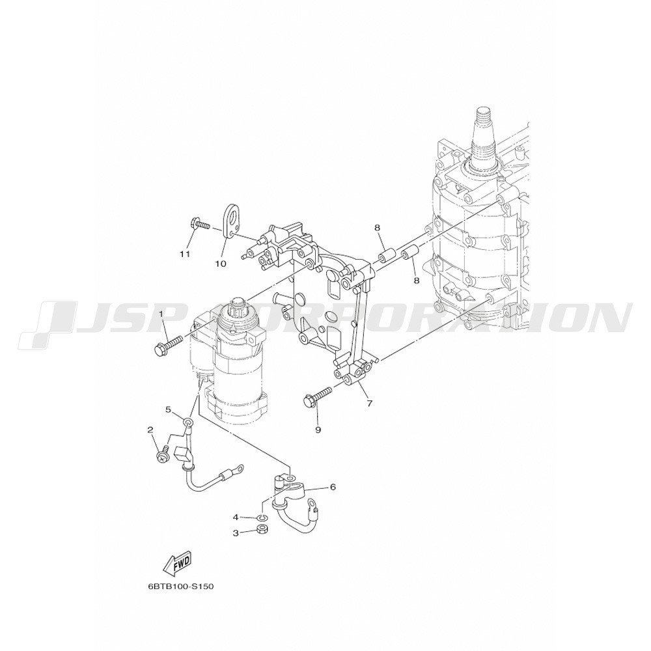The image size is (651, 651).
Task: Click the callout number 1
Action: (x=162, y=314)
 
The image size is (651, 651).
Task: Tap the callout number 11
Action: (x=185, y=254)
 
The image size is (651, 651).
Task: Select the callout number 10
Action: (x=221, y=264)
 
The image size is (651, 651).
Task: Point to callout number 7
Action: (x=369, y=403)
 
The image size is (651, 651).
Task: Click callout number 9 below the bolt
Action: (x=318, y=430)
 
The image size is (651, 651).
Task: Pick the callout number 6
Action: (x=333, y=486)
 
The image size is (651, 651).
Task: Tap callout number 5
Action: (x=168, y=409)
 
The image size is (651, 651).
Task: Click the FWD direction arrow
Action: (x=178, y=564)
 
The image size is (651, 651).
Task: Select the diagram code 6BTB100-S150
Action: (x=180, y=587)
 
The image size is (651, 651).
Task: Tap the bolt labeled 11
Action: (x=199, y=225)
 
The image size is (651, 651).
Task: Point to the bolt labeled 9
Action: (x=318, y=396)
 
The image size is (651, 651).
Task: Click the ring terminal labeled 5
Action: (x=188, y=424)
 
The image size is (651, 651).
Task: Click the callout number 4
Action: (x=236, y=518)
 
